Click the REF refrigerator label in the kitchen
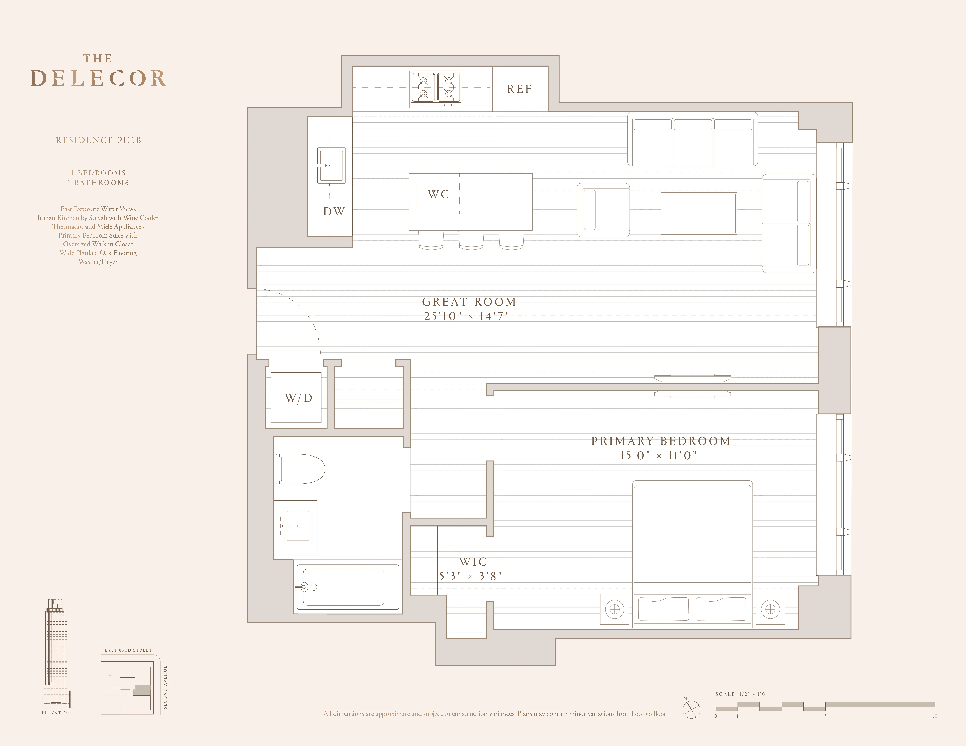tap(519, 89)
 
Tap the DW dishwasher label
tap(334, 212)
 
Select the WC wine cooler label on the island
tap(438, 194)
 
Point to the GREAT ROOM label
tap(469, 302)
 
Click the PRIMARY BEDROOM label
tap(661, 441)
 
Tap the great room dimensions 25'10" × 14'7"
tap(467, 316)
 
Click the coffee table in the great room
tap(698, 213)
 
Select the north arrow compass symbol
tap(691, 709)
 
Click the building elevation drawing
tap(56, 654)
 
